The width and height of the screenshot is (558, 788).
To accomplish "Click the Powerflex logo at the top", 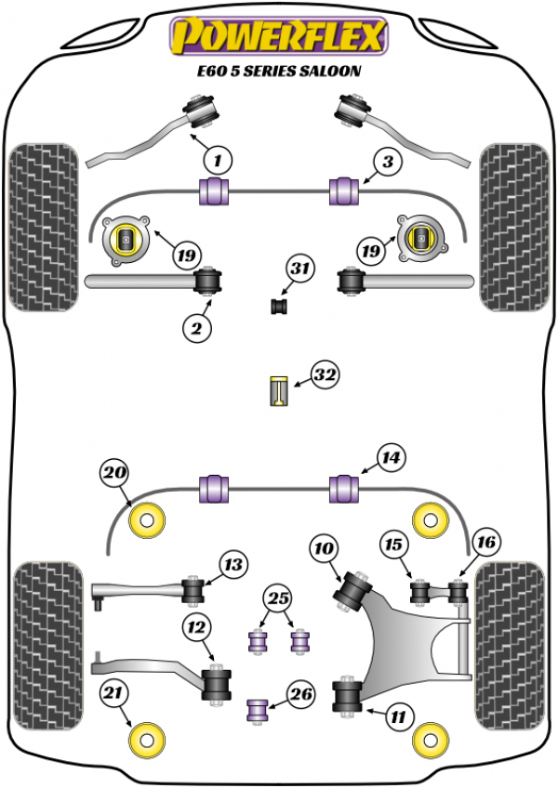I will (277, 36).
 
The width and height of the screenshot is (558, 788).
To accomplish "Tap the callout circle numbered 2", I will (197, 326).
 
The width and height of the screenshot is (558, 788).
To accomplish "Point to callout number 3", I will (387, 162).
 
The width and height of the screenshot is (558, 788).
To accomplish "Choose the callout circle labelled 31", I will (299, 269).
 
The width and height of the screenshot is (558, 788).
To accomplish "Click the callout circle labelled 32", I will (325, 375).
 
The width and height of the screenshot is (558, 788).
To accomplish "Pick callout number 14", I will (392, 456).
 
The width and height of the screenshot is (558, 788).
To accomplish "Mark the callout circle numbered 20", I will (114, 473).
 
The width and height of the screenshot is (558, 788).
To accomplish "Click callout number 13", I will (232, 563).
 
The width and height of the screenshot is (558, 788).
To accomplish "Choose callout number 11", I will (398, 716).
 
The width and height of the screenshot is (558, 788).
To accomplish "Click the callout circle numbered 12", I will (196, 629).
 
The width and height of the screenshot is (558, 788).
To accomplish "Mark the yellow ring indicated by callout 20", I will (147, 520).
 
